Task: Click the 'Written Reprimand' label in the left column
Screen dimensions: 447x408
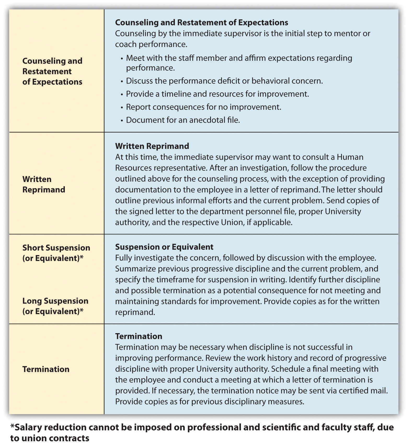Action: click(44, 184)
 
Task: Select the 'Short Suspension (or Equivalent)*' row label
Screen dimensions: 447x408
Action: click(56, 253)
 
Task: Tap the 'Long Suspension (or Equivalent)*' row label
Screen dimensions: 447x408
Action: click(55, 306)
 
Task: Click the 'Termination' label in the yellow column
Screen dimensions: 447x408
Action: click(46, 369)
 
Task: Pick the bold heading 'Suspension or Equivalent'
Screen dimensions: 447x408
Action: click(164, 247)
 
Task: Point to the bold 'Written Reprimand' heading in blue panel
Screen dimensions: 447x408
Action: click(152, 146)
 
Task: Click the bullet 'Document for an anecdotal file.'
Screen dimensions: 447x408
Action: click(183, 120)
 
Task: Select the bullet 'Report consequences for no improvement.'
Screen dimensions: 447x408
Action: click(203, 107)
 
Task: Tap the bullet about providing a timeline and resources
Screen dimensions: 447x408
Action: click(217, 94)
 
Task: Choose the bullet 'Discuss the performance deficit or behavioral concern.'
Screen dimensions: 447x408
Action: click(224, 81)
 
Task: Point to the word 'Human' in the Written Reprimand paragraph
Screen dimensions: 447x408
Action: click(350, 157)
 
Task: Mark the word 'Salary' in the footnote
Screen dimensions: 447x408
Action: click(28, 427)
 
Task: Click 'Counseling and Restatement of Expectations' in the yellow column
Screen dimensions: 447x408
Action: click(52, 71)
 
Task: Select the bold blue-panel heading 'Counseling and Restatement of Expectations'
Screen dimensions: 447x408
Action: click(202, 22)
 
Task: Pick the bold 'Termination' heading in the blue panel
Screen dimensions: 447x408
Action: click(139, 336)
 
